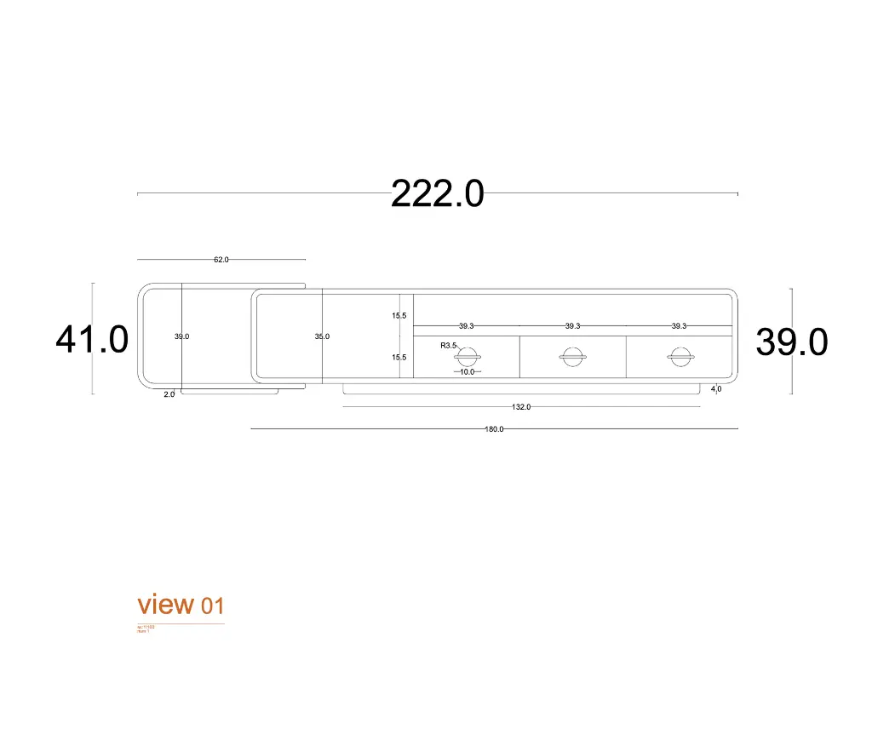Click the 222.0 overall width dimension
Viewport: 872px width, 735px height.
tap(437, 194)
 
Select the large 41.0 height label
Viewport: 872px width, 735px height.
tap(92, 340)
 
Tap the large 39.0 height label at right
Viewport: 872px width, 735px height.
tap(791, 342)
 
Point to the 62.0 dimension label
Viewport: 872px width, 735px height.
tap(221, 260)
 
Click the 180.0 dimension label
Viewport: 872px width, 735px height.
tap(494, 429)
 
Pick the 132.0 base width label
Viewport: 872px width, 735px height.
tap(521, 407)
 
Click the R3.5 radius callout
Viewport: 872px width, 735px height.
tap(448, 346)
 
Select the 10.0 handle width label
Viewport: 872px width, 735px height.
tap(467, 372)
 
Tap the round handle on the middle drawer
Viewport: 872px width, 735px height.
tap(573, 358)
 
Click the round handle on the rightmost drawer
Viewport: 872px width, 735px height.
tap(680, 358)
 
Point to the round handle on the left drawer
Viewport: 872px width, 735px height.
tap(468, 358)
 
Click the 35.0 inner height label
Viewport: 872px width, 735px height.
tap(322, 336)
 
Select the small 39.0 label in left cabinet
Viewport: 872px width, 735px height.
tap(181, 336)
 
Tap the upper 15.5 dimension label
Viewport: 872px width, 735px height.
tap(399, 316)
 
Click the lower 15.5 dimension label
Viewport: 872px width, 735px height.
tap(399, 358)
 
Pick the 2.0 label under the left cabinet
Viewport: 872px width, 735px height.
tap(169, 394)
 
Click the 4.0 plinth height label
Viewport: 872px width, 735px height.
tap(716, 389)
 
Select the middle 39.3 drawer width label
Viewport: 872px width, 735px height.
tap(572, 326)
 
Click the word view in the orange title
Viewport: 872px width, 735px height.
tap(166, 605)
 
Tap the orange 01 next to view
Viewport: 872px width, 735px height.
tap(213, 606)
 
